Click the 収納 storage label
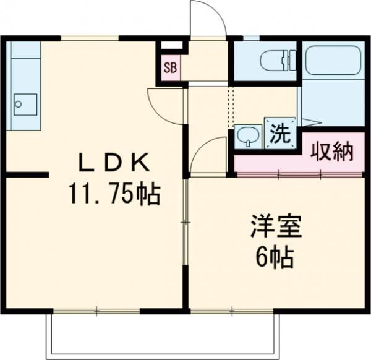coord(332,151)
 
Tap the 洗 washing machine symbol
coord(278,132)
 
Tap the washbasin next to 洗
coord(248,136)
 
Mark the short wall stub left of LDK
coord(28,175)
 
